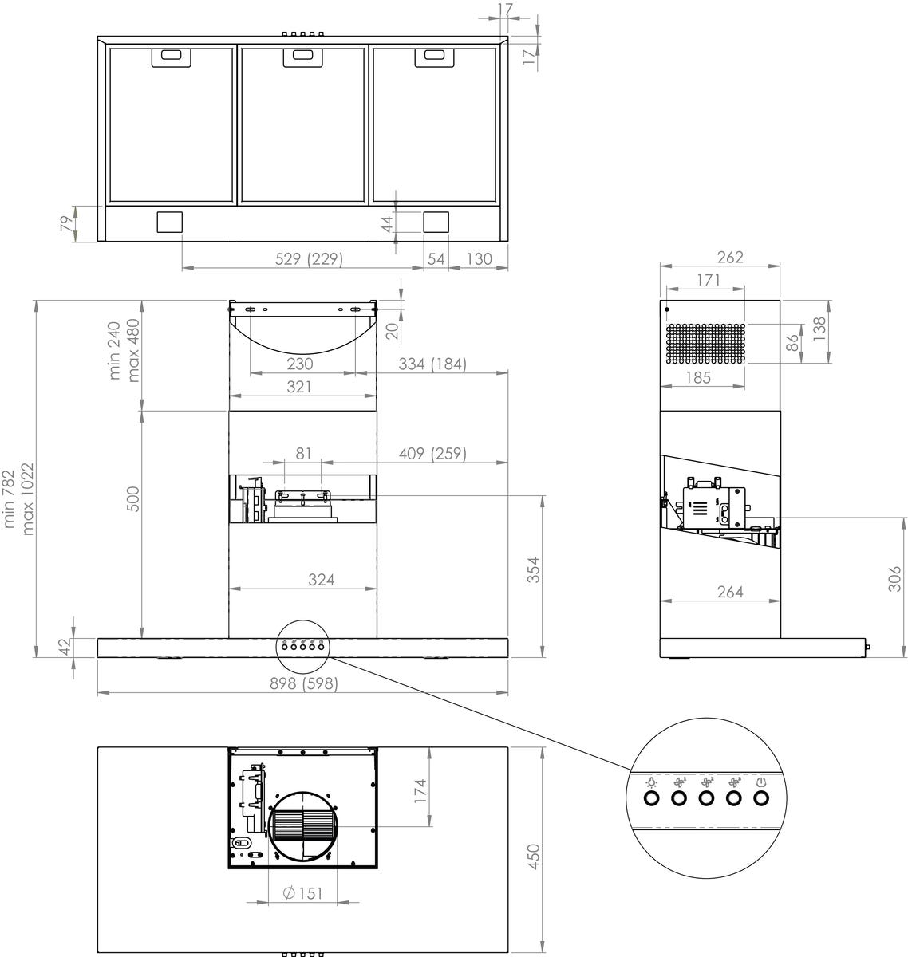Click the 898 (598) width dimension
302,683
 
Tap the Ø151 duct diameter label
303,892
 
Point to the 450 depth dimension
535,857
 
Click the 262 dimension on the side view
729,257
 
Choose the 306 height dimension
894,578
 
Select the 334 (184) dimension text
432,364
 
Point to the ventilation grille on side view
705,343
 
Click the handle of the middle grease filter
302,55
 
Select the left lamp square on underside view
169,221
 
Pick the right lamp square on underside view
436,221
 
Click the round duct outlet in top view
302,826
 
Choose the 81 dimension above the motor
303,454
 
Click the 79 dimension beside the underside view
66,224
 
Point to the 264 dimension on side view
729,591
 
